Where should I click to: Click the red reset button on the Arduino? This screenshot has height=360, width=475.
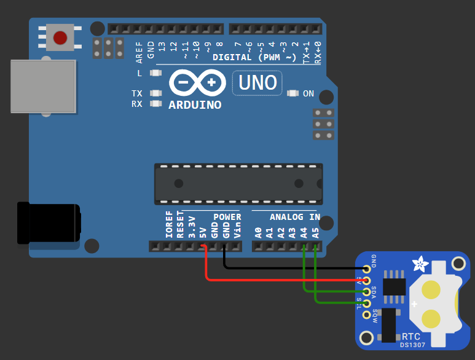60,38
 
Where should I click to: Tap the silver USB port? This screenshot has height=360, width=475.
43,87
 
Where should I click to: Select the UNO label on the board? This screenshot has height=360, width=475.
257,82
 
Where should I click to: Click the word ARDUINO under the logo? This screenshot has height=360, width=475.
195,105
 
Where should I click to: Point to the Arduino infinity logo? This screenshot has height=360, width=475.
196,82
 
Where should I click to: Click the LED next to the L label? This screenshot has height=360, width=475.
155,73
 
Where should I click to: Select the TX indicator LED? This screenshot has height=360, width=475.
155,93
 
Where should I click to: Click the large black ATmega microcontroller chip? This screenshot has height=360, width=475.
238,184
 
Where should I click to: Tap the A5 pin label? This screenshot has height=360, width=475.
315,232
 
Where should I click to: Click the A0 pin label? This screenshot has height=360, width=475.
258,232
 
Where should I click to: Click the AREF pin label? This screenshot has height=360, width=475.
139,52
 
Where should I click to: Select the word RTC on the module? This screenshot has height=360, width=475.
411,337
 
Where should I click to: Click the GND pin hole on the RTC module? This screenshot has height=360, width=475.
367,268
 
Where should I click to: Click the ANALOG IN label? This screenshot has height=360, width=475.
295,217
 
